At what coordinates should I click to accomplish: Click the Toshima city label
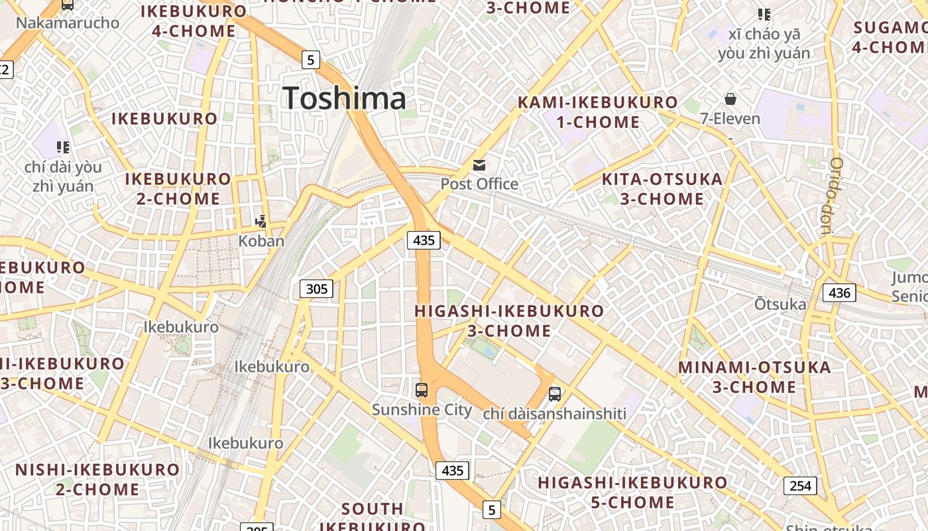[344, 98]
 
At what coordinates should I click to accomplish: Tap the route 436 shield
[839, 292]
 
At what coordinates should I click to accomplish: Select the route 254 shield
[800, 485]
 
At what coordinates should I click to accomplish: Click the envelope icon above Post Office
[479, 165]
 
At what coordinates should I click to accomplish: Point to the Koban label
[261, 241]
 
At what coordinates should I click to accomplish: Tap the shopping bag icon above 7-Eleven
[730, 99]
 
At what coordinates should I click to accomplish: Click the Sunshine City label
[422, 410]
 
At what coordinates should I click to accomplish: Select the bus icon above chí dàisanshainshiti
[555, 394]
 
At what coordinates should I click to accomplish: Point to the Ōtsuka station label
[780, 304]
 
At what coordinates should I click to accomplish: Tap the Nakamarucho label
[68, 23]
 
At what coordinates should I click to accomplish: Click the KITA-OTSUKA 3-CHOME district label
[662, 189]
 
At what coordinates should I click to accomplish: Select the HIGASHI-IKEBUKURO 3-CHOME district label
[509, 321]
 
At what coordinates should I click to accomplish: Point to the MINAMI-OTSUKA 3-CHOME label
[754, 377]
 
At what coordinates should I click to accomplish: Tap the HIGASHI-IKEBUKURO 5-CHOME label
[632, 493]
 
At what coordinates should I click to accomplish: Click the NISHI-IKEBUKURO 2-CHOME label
[97, 479]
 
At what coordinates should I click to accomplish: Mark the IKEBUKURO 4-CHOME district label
[194, 21]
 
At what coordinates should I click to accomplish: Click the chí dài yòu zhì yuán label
[63, 176]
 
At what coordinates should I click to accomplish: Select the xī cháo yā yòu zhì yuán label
[764, 44]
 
